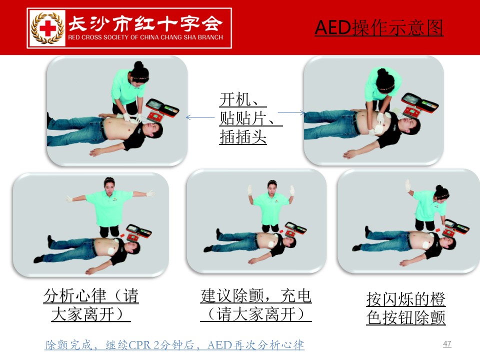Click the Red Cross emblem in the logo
click(48, 28)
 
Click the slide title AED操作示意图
click(379, 28)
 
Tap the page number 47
click(447, 344)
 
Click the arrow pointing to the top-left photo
click(200, 117)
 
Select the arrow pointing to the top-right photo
click(291, 112)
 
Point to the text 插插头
click(243, 136)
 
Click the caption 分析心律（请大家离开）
click(91, 305)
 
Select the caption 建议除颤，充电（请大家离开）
click(256, 305)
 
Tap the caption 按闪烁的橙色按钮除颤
click(406, 308)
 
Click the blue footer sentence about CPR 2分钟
click(174, 345)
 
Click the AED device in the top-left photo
click(162, 110)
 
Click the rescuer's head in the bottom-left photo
click(109, 184)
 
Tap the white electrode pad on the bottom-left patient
click(111, 250)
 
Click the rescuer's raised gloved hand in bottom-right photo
click(408, 185)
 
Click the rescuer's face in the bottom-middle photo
click(272, 187)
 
